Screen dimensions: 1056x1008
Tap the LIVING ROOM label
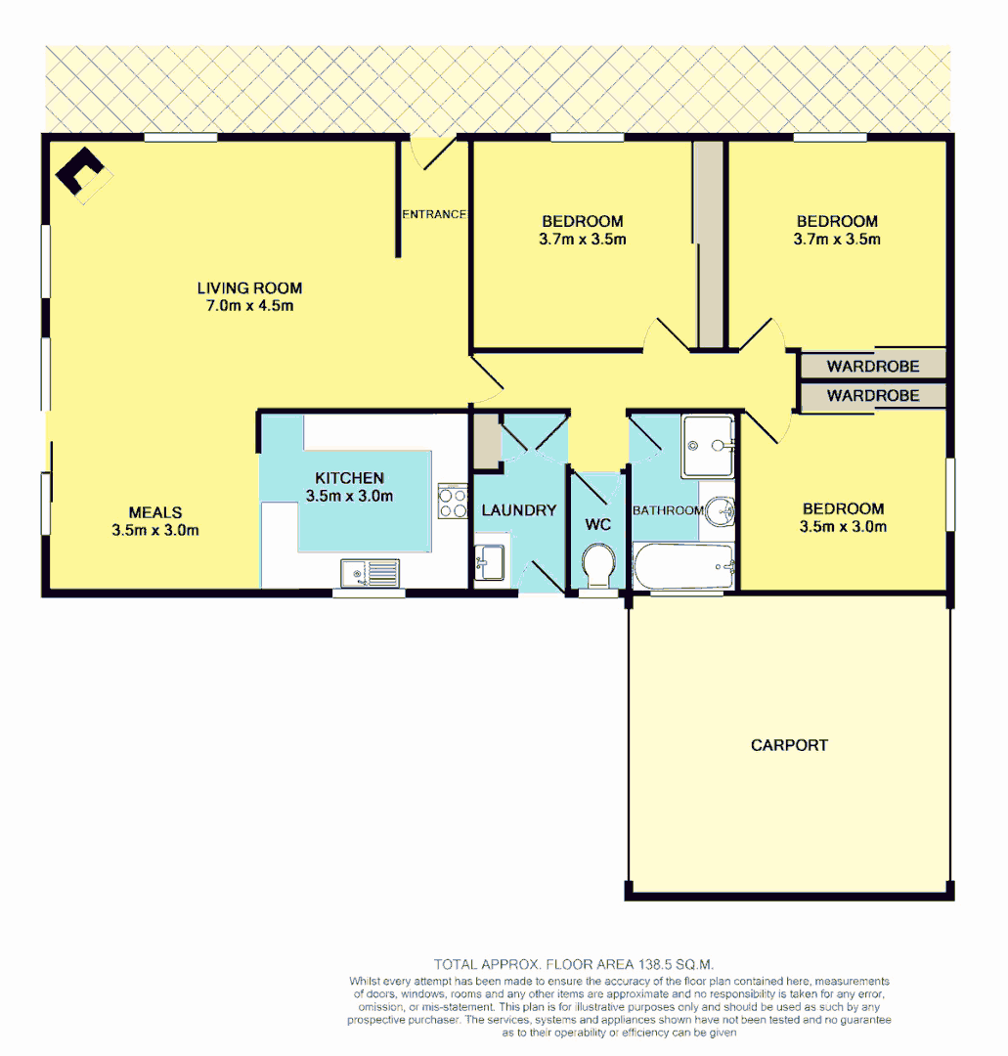click(x=249, y=288)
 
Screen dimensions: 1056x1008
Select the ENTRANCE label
click(x=433, y=214)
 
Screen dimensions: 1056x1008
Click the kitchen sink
click(x=370, y=572)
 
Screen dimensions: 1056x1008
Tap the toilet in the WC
click(x=597, y=565)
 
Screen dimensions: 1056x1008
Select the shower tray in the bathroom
click(x=708, y=445)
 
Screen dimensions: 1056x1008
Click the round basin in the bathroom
click(x=720, y=509)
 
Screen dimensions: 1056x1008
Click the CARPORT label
click(x=789, y=745)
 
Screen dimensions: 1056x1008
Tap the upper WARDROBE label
click(x=873, y=367)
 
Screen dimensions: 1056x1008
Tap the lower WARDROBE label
click(x=873, y=396)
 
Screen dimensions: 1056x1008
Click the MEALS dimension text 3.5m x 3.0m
click(x=156, y=531)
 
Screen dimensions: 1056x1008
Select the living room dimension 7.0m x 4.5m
click(x=249, y=306)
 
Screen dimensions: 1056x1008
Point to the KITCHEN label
click(x=349, y=478)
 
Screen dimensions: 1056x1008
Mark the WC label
click(x=597, y=525)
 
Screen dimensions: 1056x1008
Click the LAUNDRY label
click(x=518, y=510)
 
